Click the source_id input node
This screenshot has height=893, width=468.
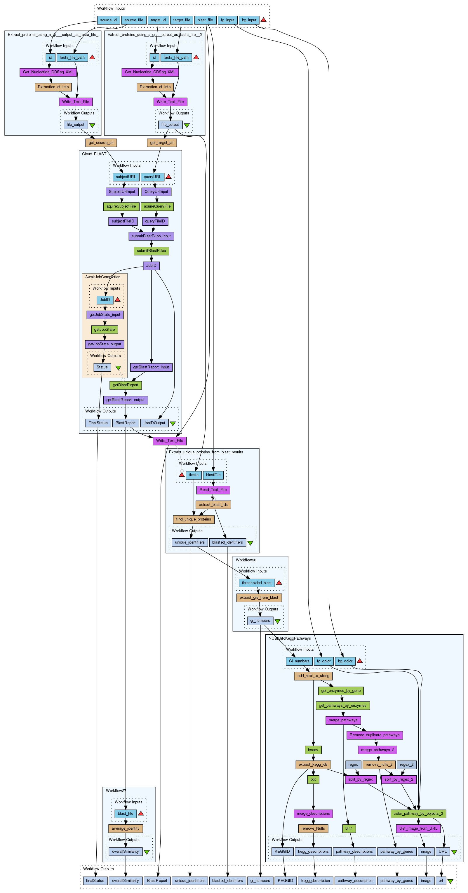[108, 20]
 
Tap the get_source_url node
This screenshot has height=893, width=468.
[101, 142]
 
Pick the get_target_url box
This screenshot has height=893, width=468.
[161, 142]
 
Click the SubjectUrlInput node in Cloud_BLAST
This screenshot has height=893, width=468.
[122, 192]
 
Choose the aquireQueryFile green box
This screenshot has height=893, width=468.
[157, 206]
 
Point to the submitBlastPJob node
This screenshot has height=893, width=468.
[151, 251]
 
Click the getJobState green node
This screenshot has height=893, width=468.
[104, 329]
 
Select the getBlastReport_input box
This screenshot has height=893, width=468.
[151, 367]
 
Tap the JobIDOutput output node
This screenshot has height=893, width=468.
[154, 423]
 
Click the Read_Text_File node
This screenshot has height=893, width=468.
[213, 490]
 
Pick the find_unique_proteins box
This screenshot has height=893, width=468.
[194, 519]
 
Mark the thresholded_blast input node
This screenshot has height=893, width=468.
[257, 583]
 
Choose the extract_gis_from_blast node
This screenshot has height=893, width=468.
[259, 597]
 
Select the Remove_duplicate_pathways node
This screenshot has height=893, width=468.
[374, 735]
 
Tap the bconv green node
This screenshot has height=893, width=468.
[313, 750]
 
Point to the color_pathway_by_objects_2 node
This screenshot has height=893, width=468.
[418, 814]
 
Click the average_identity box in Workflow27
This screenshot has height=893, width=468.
[126, 828]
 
